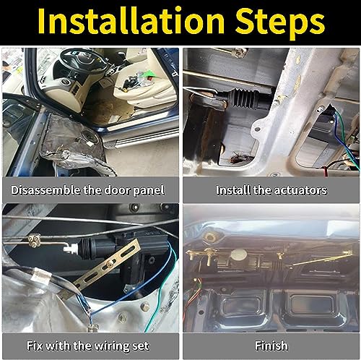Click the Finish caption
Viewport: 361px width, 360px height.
point(271,345)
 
